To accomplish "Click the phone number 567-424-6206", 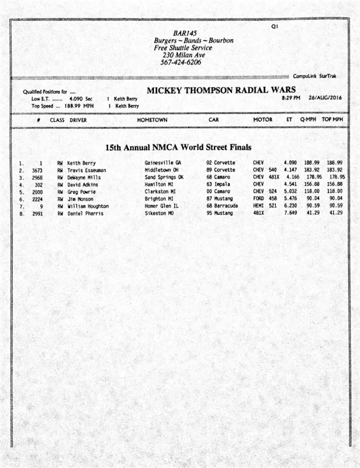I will point(181,62).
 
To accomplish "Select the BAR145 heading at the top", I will point(185,33).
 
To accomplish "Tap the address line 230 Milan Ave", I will point(184,55).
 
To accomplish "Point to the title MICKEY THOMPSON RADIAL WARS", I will point(221,90).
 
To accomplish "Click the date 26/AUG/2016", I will point(325,98).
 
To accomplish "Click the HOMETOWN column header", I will point(152,120).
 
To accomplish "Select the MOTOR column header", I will point(263,120).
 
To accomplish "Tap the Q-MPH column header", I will point(308,120).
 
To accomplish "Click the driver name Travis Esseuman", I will point(86,170).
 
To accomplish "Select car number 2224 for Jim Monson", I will point(37,199).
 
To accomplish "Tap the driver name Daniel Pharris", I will point(85,214).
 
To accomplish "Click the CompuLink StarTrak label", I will point(314,76).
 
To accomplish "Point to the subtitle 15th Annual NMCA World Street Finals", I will point(178,148).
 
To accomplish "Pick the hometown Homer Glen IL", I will point(162,206).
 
